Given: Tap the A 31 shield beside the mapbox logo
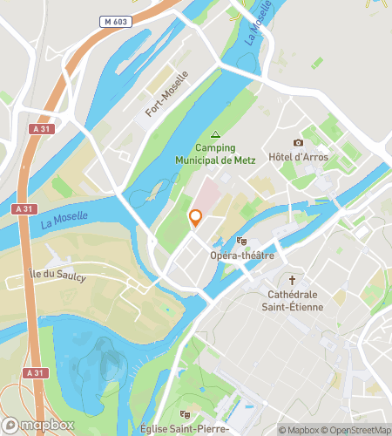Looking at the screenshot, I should point(34,372).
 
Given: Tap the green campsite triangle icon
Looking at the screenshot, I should point(215,133).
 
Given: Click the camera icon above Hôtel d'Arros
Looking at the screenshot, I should point(298,142).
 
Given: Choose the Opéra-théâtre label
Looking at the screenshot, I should point(242,255).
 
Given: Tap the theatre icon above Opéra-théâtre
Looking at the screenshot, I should point(242,241).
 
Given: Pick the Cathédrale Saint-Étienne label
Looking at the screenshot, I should point(293,300).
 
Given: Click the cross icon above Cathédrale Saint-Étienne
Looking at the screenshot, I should point(293,280).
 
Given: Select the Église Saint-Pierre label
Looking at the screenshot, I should point(184,429).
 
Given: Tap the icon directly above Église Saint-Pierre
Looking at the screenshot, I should point(184,413).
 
